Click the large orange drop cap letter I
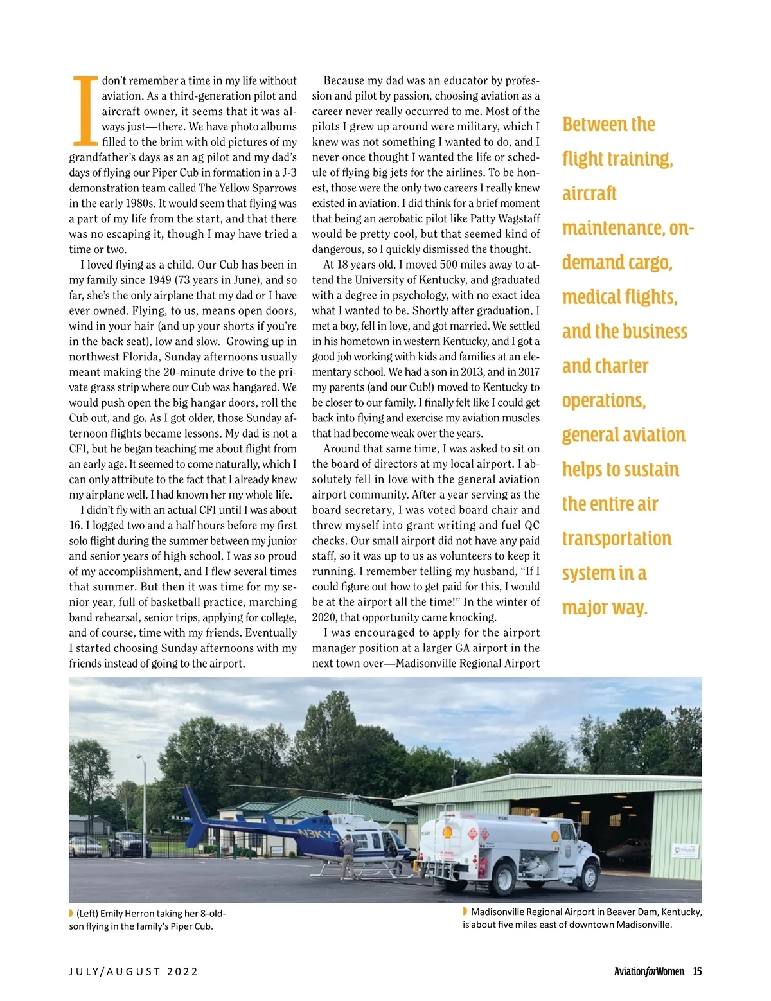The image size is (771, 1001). (84, 111)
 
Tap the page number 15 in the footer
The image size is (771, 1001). (697, 971)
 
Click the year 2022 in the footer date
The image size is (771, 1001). (182, 971)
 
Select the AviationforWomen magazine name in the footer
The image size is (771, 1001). (649, 971)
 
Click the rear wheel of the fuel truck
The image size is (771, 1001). (502, 878)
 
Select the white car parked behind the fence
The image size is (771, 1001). (85, 846)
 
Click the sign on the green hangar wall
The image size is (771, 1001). (685, 851)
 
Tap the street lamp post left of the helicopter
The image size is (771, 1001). (144, 810)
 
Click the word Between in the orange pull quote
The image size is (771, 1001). (590, 125)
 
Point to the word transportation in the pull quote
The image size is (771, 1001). (617, 538)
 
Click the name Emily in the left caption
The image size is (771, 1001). (114, 914)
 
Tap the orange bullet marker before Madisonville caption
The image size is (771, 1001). (465, 912)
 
